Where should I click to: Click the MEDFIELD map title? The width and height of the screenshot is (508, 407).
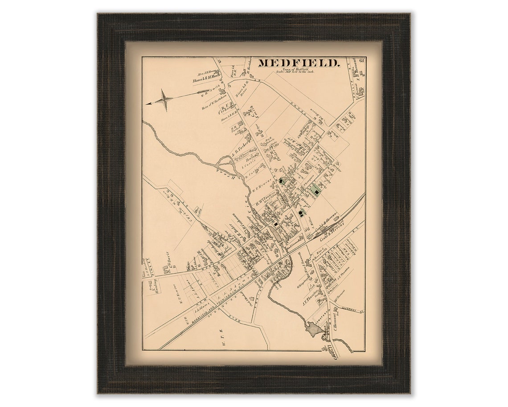299,63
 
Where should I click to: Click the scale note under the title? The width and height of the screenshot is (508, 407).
295,71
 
